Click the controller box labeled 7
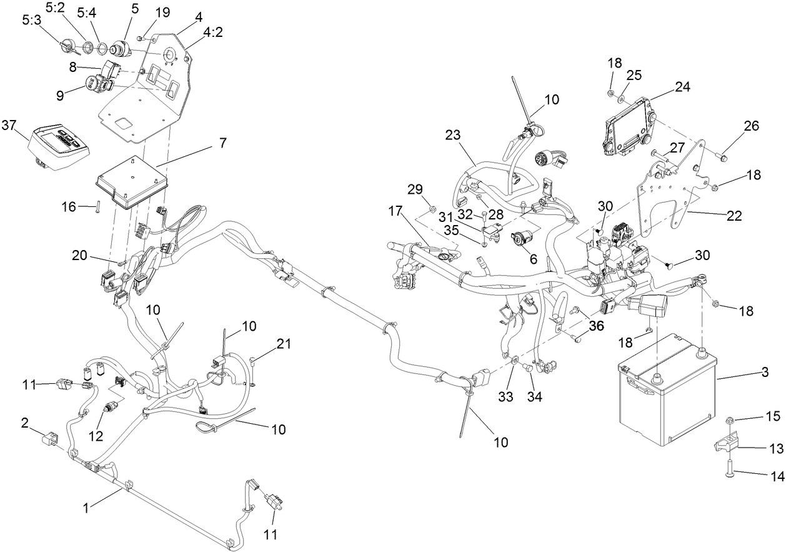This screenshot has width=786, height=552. tap(132, 181)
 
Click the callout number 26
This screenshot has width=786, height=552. tap(751, 126)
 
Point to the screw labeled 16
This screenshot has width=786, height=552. tap(98, 206)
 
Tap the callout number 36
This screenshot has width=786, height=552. tap(596, 325)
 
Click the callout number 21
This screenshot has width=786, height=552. tap(284, 343)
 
